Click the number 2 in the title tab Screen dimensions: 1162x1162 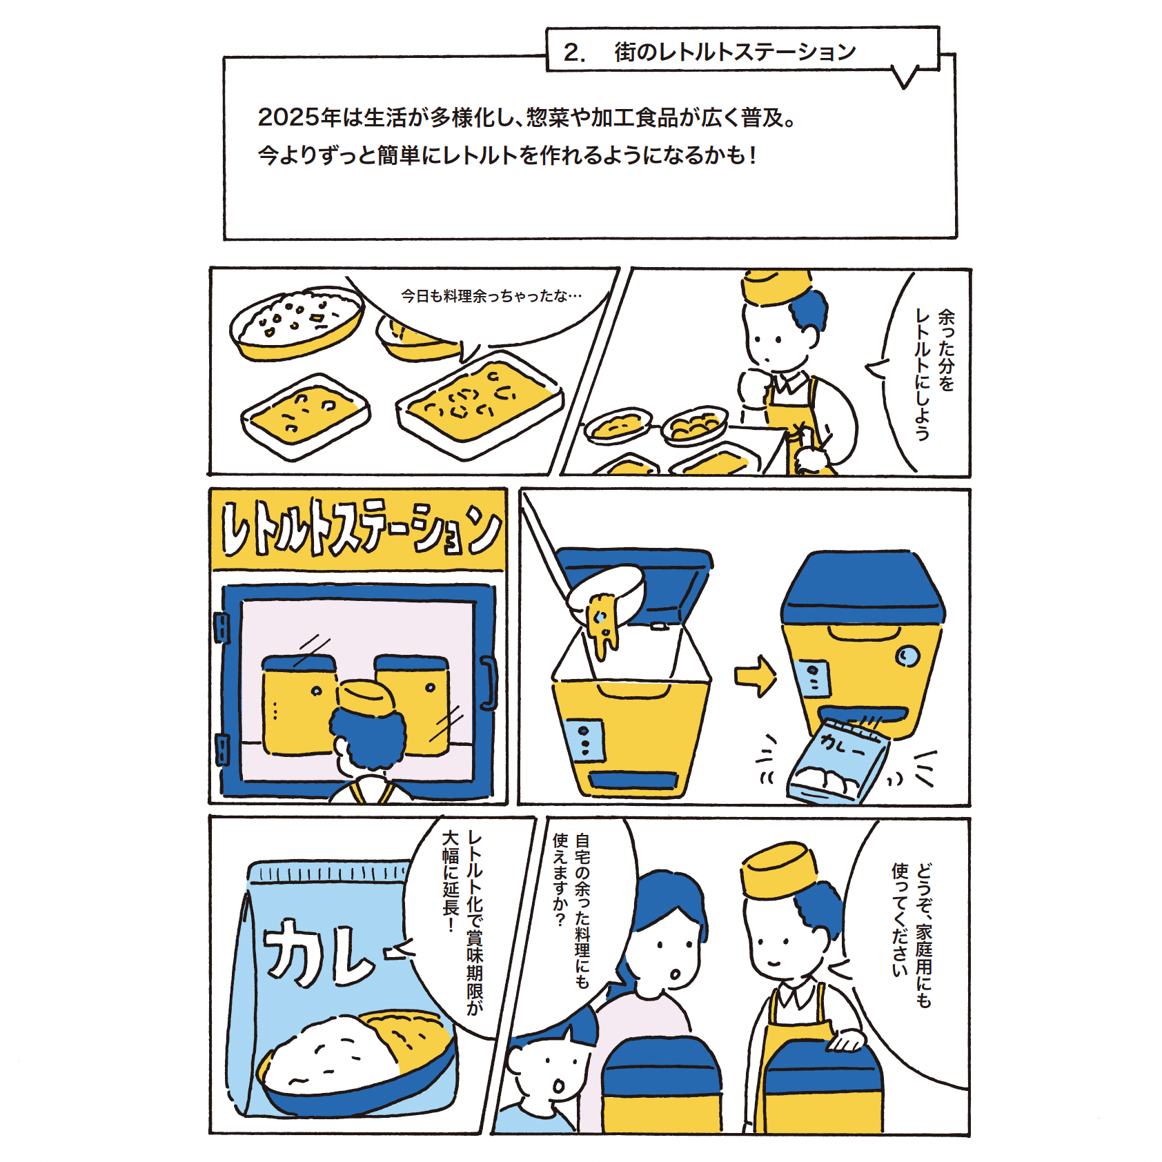[x=572, y=52]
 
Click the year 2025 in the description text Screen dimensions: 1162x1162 [x=289, y=117]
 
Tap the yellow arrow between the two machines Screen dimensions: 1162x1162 [x=756, y=676]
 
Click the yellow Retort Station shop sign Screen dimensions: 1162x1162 [x=358, y=530]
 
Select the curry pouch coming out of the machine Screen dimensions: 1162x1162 [x=838, y=760]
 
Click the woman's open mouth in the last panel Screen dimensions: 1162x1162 [x=674, y=975]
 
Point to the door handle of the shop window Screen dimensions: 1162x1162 [x=489, y=684]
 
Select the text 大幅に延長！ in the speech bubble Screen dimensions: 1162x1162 [x=451, y=881]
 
